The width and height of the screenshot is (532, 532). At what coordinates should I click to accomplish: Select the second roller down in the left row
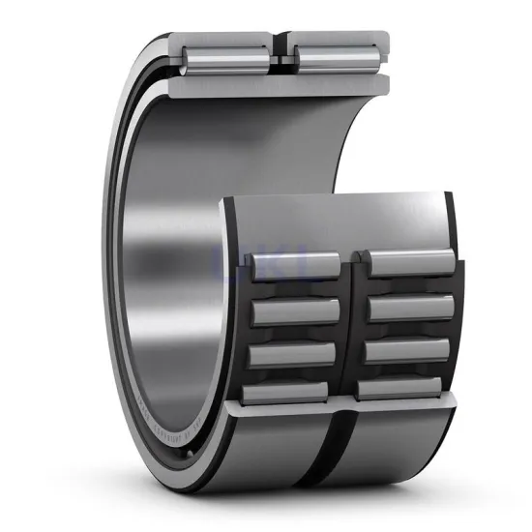pos(295,311)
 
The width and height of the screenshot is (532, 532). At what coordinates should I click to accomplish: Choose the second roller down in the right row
pos(410,308)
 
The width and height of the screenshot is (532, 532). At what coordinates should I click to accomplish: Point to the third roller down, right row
pos(408,350)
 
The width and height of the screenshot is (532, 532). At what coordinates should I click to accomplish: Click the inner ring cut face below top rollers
pos(281,85)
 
